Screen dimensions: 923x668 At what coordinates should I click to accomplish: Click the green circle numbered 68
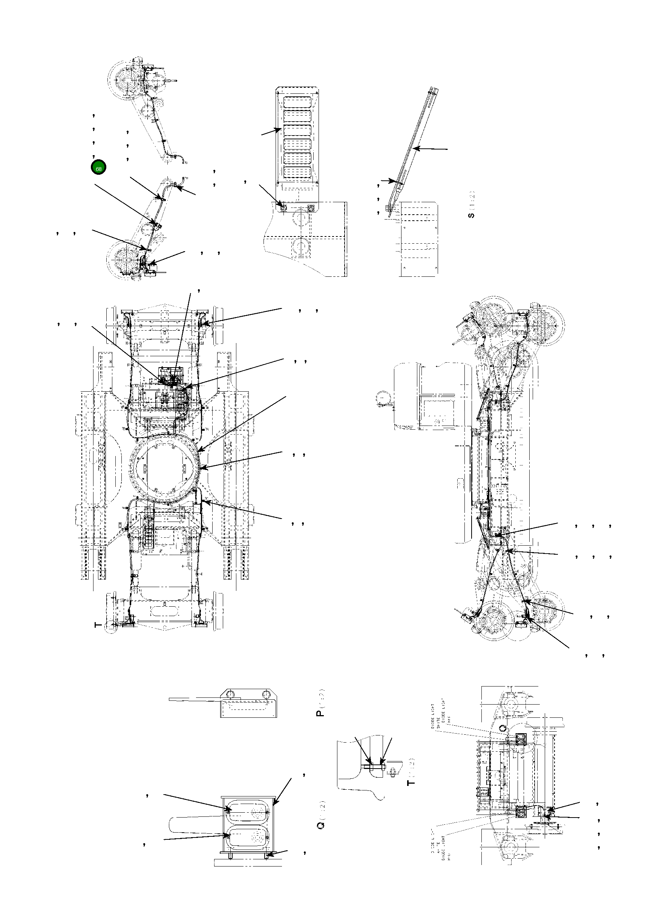[98, 167]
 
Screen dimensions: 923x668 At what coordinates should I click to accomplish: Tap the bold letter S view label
[471, 215]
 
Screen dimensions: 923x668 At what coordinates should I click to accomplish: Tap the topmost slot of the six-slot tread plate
[297, 102]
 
